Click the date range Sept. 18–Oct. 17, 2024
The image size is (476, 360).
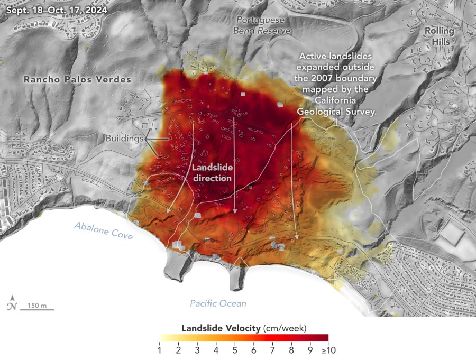point(54,10)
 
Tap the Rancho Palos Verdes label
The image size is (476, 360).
point(77,79)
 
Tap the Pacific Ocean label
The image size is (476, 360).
point(218,303)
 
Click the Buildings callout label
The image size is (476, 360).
point(125,139)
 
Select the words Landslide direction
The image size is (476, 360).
point(212,173)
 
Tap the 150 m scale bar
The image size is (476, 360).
point(37,306)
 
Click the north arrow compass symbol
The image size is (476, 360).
point(12,306)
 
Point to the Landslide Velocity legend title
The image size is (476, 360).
point(244,328)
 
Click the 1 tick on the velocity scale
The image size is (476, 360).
point(159,349)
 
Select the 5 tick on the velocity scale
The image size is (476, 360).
point(234,349)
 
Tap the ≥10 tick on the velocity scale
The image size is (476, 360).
point(328,349)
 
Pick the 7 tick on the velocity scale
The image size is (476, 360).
point(272,349)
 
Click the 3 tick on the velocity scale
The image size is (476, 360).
point(197,349)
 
